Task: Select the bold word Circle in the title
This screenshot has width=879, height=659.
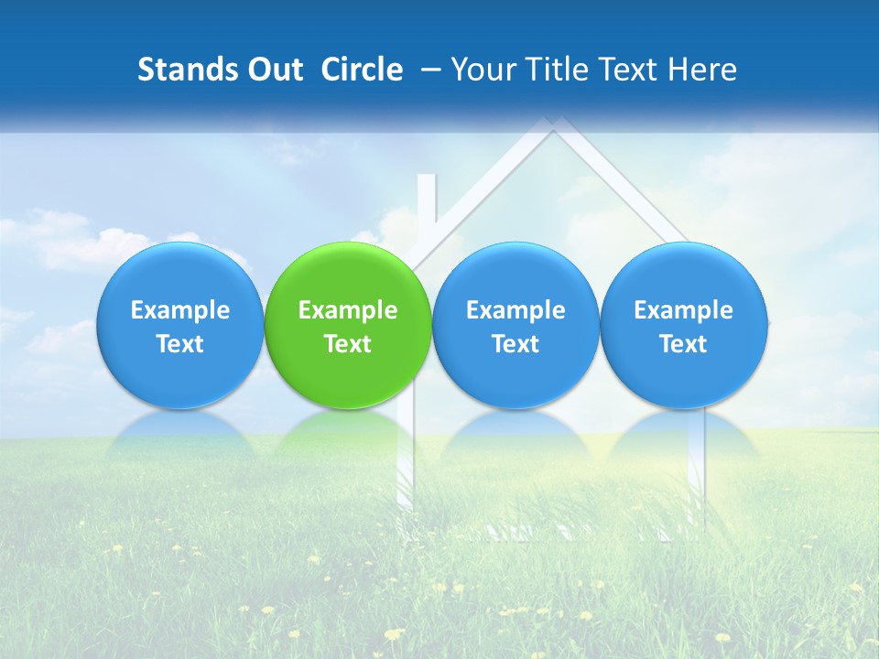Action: tap(362, 70)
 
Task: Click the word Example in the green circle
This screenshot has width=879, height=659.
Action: tap(348, 310)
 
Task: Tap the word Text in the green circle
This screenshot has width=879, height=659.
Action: tap(348, 344)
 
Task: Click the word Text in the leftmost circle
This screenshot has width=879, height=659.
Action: tap(180, 344)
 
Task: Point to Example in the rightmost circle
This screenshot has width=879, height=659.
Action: tap(684, 310)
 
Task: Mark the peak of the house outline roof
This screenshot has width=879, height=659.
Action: tap(551, 125)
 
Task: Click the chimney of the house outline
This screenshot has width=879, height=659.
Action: tap(427, 206)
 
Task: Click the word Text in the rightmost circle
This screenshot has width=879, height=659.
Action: tap(684, 344)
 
